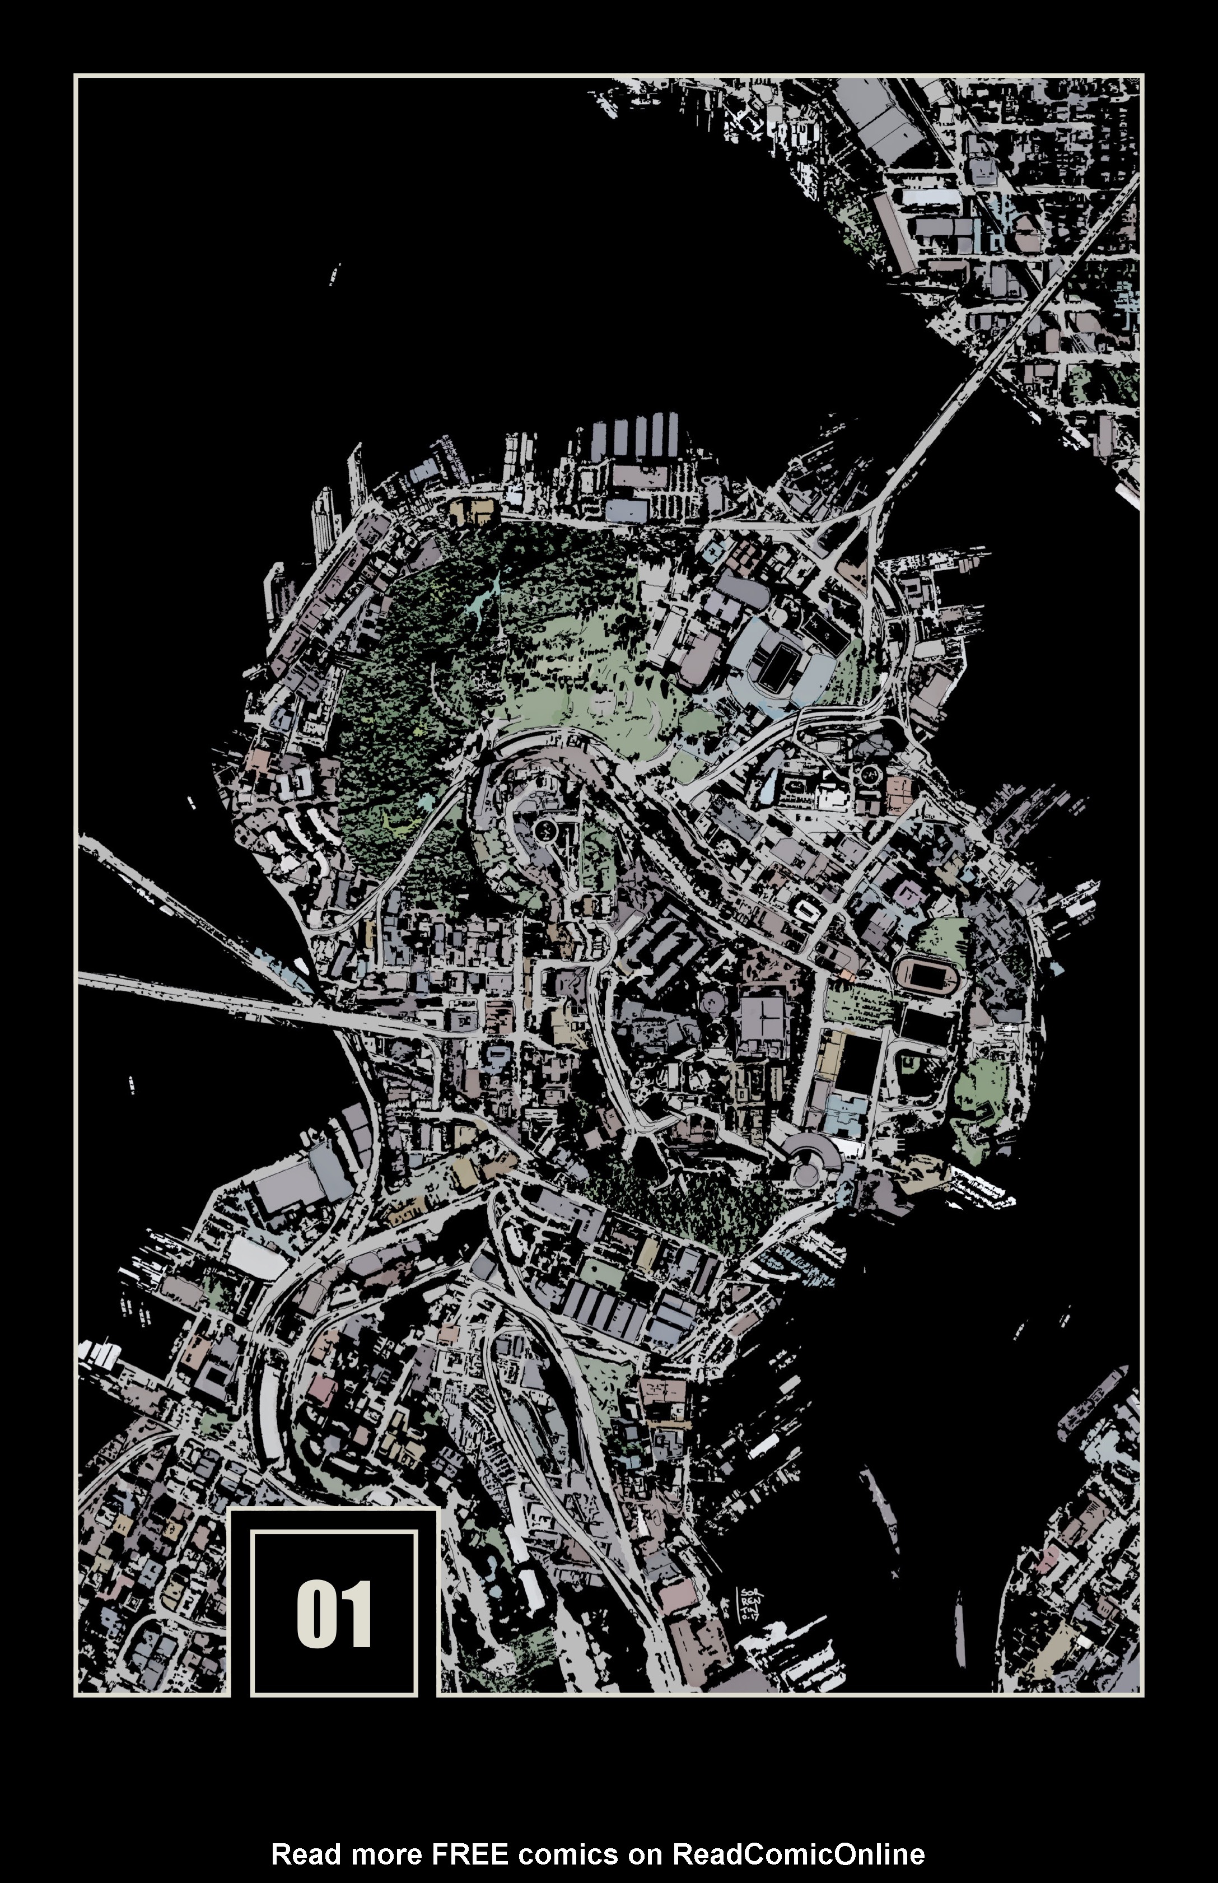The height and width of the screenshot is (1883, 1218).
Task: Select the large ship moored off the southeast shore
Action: tap(1099, 1396)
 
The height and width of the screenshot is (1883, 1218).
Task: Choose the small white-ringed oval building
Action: tap(808, 910)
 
